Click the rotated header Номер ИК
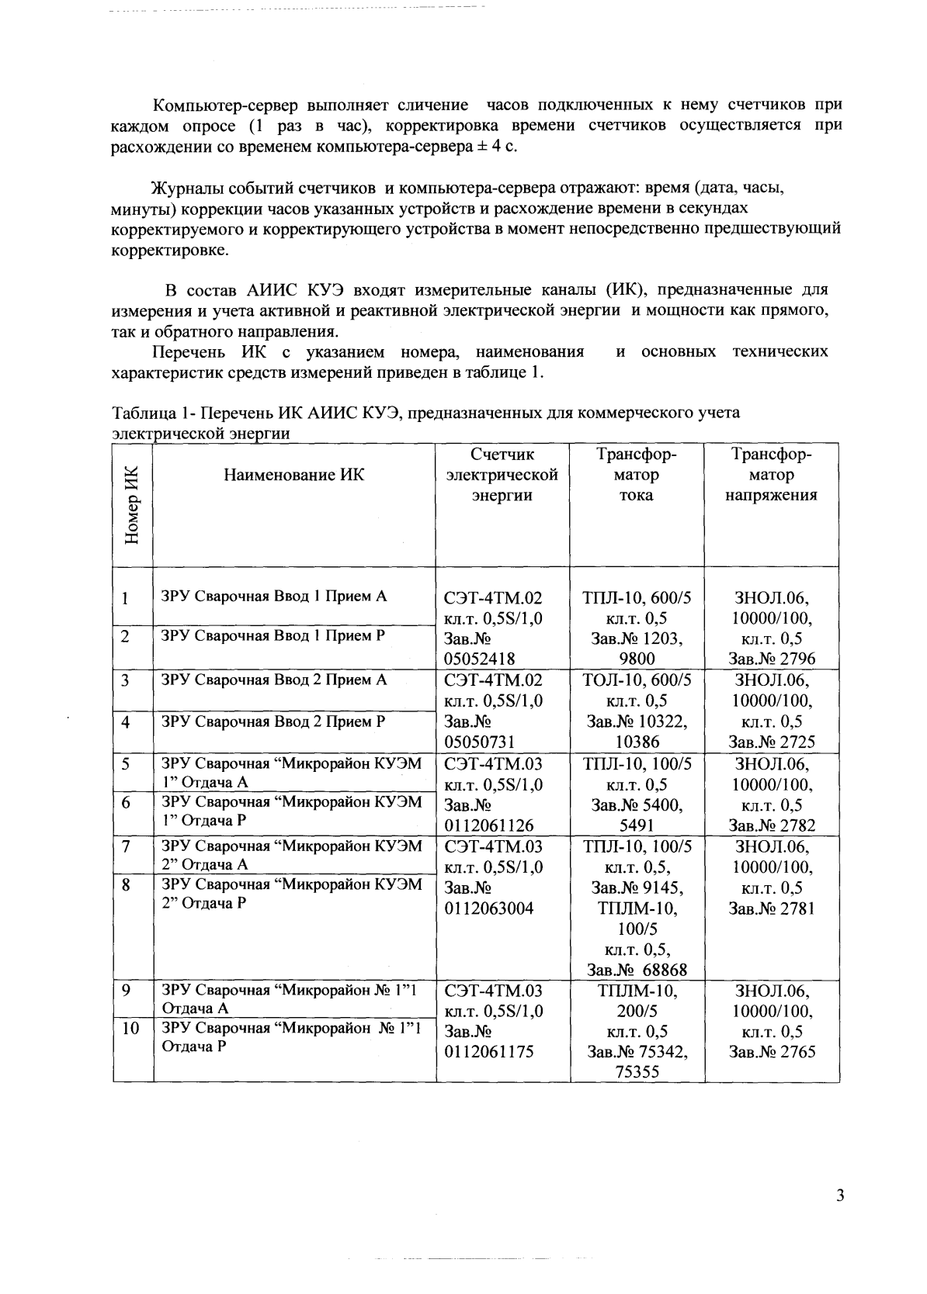pyautogui.click(x=131, y=505)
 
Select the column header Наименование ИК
pyautogui.click(x=293, y=475)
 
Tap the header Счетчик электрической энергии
pyautogui.click(x=502, y=475)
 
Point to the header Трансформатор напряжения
pyautogui.click(x=772, y=475)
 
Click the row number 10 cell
pyautogui.click(x=131, y=1028)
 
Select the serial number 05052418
pyautogui.click(x=479, y=659)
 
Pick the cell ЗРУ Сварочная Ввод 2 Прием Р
pyautogui.click(x=273, y=721)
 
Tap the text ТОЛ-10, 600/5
pyautogui.click(x=637, y=680)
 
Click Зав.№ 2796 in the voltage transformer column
pyautogui.click(x=772, y=659)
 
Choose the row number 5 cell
pyautogui.click(x=125, y=763)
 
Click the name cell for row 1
pyautogui.click(x=273, y=597)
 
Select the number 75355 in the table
pyautogui.click(x=637, y=1073)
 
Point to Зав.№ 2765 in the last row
pyautogui.click(x=772, y=1052)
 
